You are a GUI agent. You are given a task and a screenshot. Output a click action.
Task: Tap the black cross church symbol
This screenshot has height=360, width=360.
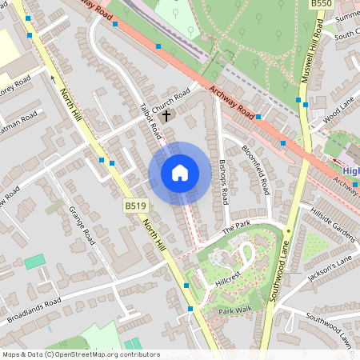pyautogui.click(x=166, y=116)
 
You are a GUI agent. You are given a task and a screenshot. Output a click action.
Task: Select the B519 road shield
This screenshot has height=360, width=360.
pyautogui.click(x=135, y=206)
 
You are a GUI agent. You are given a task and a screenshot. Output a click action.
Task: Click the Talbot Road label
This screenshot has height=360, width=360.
pyautogui.click(x=150, y=121)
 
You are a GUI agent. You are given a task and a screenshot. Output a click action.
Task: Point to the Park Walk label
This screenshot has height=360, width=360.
pyautogui.click(x=235, y=310)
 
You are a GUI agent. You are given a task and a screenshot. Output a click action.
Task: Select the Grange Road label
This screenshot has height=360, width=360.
pyautogui.click(x=82, y=226)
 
